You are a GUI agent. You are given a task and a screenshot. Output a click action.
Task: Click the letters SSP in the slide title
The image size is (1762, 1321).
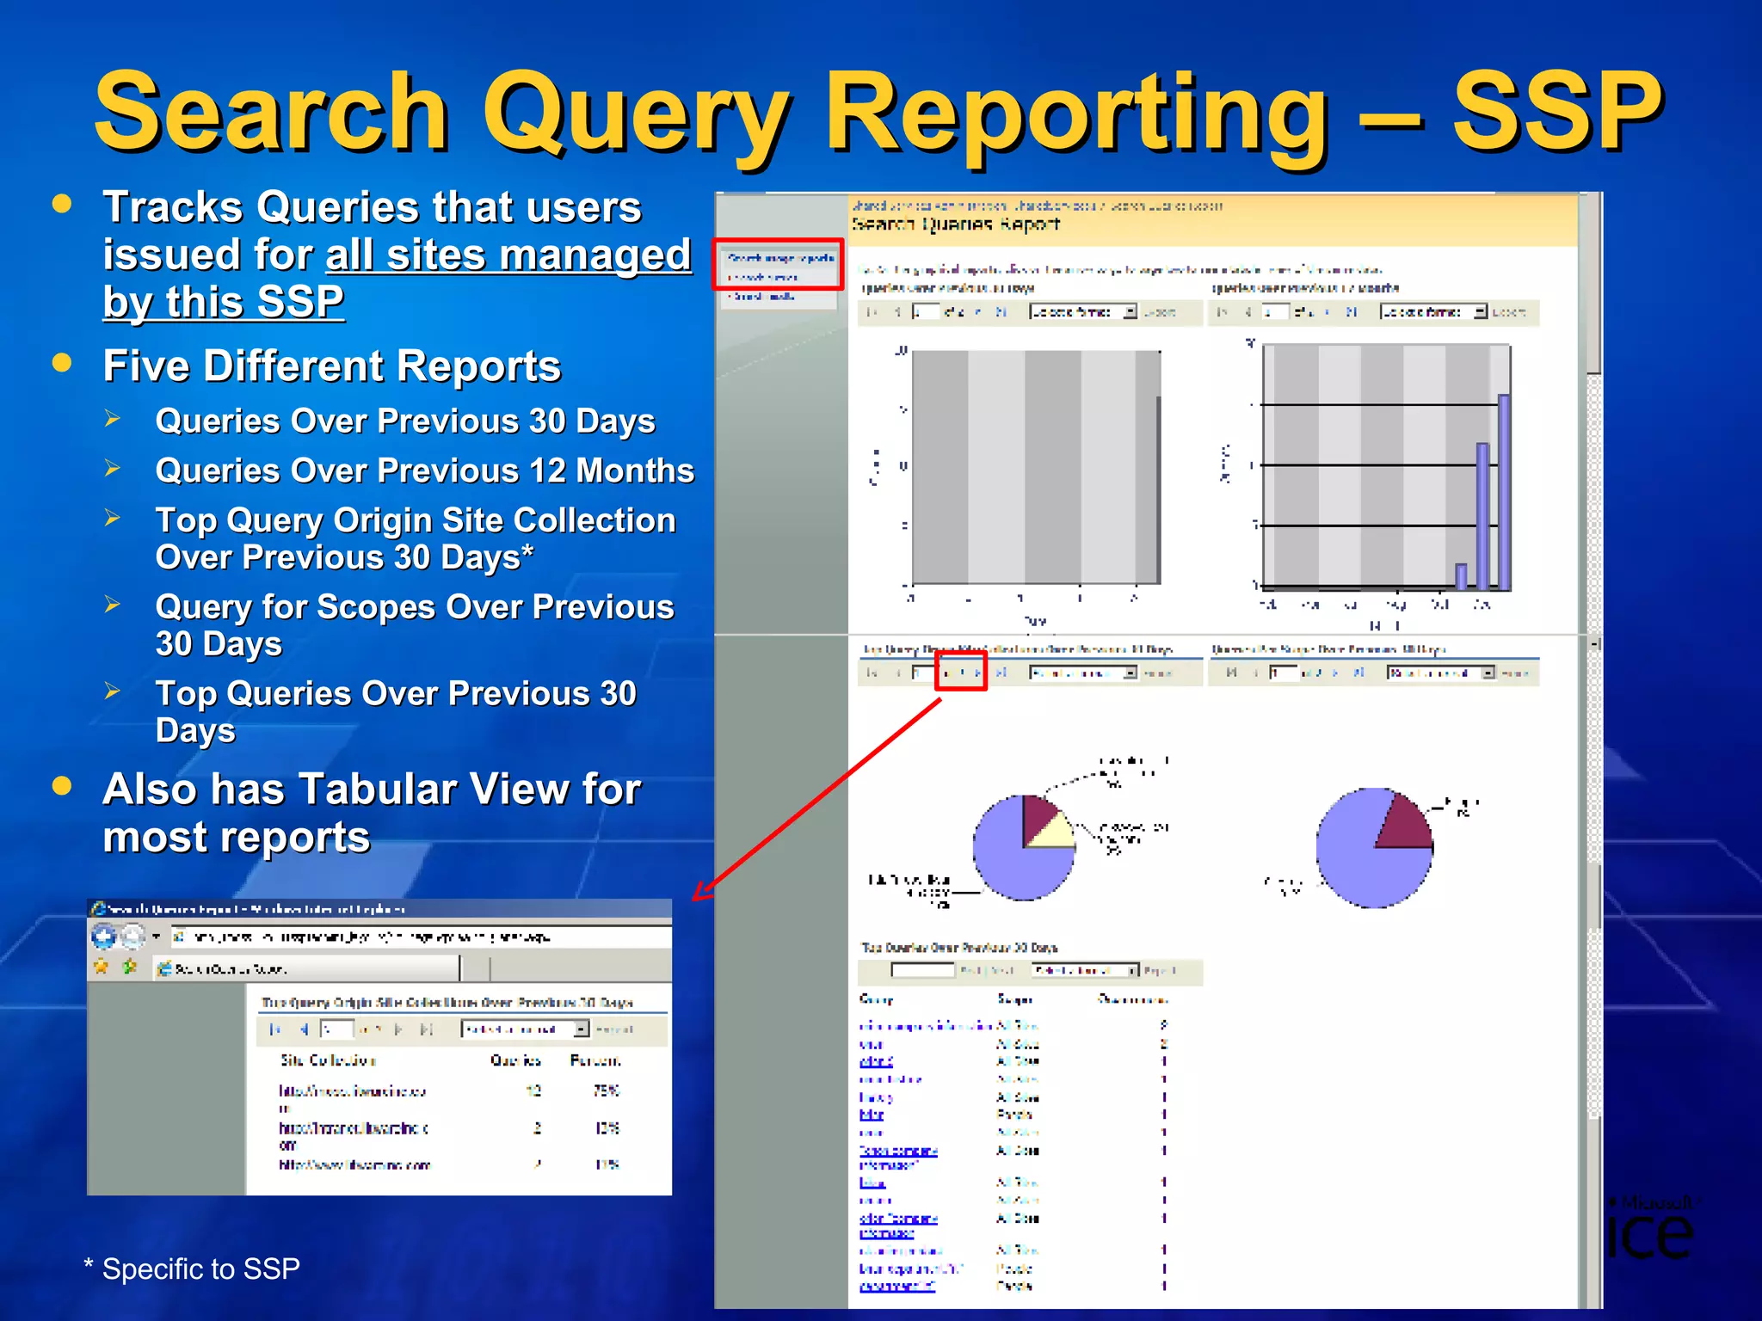(x=1557, y=112)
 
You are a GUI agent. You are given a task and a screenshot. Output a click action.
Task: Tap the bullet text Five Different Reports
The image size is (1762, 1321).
(x=331, y=366)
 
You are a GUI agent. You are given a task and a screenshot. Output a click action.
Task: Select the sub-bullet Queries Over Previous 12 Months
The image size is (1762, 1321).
(x=424, y=471)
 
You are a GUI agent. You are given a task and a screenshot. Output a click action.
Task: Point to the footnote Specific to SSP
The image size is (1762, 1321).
(x=200, y=1269)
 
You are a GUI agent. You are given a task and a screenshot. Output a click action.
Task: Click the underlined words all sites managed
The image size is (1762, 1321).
(x=508, y=255)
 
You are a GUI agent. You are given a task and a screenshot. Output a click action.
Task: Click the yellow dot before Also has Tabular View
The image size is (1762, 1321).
(x=62, y=785)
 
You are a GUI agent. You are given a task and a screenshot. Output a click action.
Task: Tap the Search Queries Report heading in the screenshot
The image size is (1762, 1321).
(x=955, y=224)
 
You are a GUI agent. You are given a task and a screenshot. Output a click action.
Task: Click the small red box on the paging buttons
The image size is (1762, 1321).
(x=961, y=673)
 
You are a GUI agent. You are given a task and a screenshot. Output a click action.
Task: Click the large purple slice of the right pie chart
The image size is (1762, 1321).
(x=1359, y=860)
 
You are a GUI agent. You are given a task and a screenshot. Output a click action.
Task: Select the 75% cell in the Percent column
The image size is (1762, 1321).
(x=606, y=1091)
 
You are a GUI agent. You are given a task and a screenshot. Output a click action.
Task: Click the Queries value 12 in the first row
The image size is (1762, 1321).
(x=533, y=1091)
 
